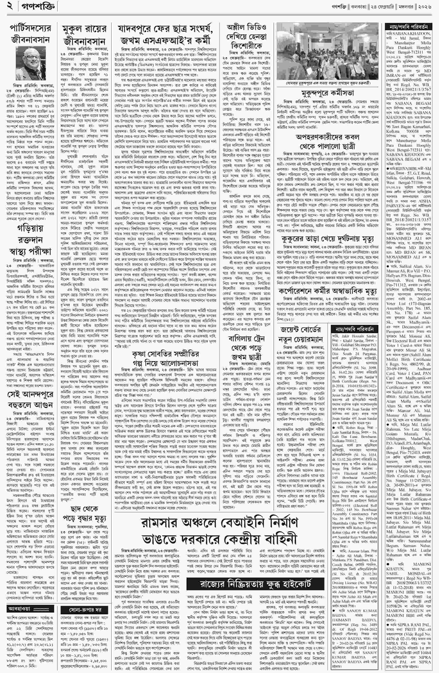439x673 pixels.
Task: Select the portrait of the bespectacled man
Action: coord(31,63)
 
